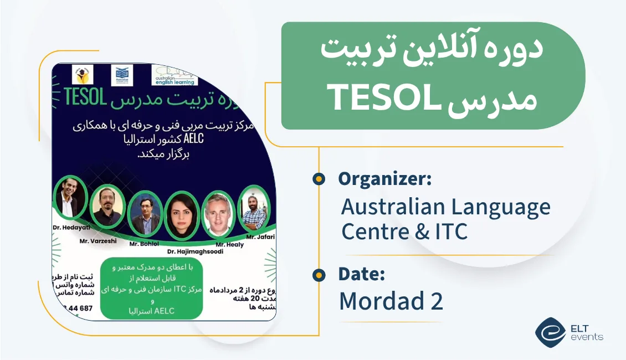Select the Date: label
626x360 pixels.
click(x=362, y=274)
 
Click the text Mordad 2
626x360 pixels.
click(x=391, y=301)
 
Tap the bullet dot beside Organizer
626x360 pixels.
click(x=319, y=179)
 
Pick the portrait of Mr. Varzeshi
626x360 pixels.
click(x=106, y=208)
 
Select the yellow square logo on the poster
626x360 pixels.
click(x=83, y=75)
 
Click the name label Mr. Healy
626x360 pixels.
click(x=228, y=244)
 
